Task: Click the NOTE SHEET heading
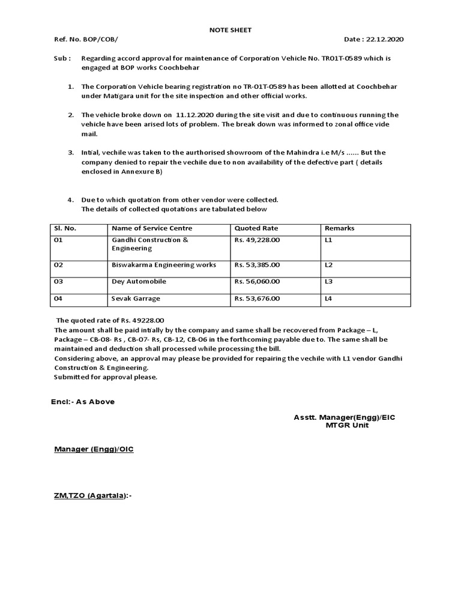pos(230,29)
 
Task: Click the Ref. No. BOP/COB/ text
pos(86,40)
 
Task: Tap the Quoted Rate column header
pos(256,228)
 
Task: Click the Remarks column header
pos(339,228)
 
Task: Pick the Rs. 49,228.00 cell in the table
pos(257,240)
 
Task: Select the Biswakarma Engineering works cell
pos(164,265)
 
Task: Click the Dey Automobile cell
pos(139,281)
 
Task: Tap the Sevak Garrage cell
pos(136,298)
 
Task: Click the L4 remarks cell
pos(328,298)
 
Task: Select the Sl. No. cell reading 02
pos(58,265)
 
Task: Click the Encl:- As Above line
pos(82,402)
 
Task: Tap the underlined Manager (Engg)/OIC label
pos(94,449)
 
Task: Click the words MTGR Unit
pos(348,425)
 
